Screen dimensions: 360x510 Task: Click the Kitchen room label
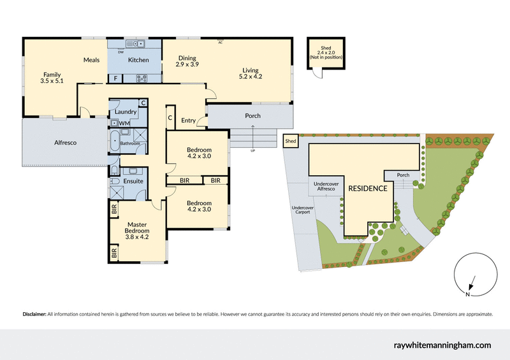[x=138, y=60]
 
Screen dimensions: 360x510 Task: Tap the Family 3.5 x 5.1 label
[x=52, y=78]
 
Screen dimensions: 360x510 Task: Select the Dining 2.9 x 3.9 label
[x=187, y=62]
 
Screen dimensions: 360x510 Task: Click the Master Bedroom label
[x=137, y=230]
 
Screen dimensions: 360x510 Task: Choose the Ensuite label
[x=133, y=181]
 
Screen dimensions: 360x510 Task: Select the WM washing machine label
[x=124, y=123]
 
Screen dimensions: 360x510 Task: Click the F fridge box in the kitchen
[x=115, y=78]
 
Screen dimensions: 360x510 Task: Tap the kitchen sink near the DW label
[x=135, y=44]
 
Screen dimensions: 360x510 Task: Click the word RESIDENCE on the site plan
[x=367, y=189]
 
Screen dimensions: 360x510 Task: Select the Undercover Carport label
[x=301, y=210]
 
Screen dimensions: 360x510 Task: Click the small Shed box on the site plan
[x=291, y=141]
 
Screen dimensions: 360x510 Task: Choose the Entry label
[x=188, y=120]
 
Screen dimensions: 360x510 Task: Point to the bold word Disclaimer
[x=34, y=314]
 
